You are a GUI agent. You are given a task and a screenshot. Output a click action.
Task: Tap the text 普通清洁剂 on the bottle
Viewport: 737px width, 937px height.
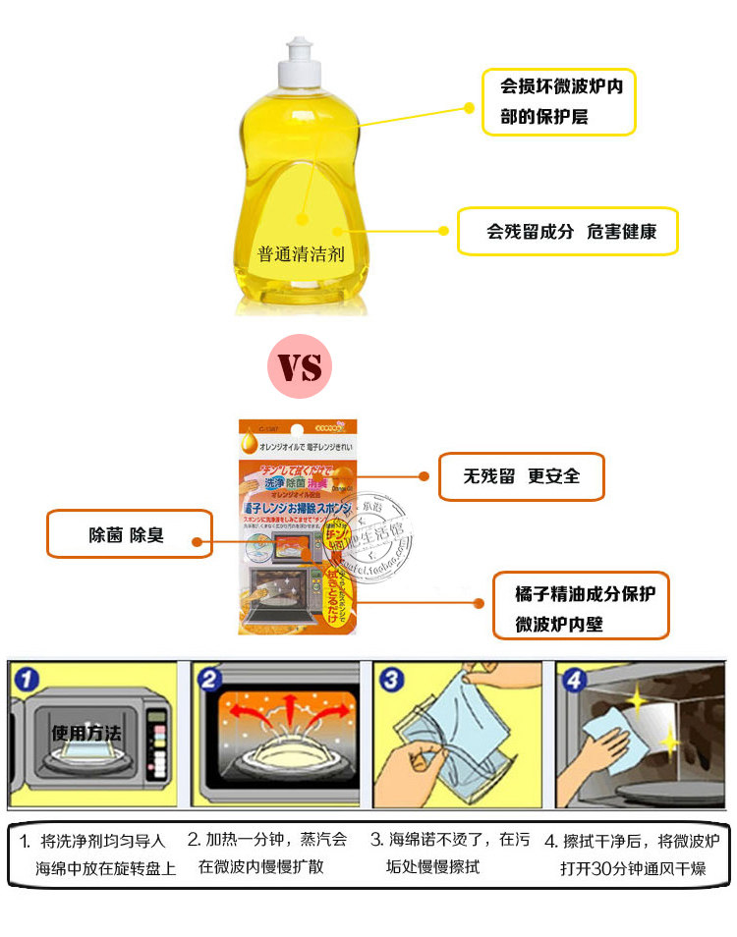pyautogui.click(x=301, y=254)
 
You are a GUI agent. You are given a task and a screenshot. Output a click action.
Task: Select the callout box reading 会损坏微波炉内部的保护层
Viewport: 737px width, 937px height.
pyautogui.click(x=558, y=101)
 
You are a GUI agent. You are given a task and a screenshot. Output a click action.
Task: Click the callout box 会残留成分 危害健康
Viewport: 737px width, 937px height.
pyautogui.click(x=568, y=232)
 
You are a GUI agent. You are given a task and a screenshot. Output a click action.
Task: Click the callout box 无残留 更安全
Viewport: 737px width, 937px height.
pyautogui.click(x=521, y=476)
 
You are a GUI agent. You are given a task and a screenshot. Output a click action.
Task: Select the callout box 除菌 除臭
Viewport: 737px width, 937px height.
pyautogui.click(x=129, y=535)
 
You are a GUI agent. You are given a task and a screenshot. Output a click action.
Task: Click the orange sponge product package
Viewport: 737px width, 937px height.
pyautogui.click(x=298, y=525)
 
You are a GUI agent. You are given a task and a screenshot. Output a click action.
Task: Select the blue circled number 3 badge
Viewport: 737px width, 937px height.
pyautogui.click(x=391, y=678)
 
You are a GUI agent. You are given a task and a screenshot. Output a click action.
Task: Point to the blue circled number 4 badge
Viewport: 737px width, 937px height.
pyautogui.click(x=574, y=678)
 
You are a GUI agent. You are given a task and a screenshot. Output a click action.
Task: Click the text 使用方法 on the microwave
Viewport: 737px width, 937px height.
pyautogui.click(x=85, y=732)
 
